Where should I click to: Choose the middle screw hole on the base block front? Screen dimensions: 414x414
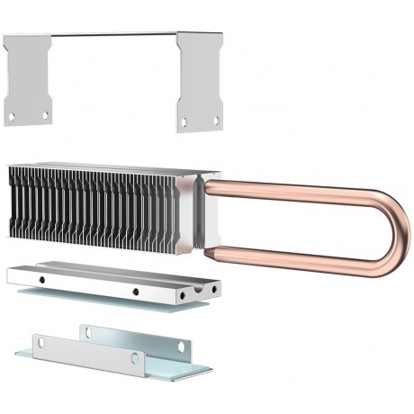tap(133, 292)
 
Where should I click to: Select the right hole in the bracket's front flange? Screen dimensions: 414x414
tap(135, 358)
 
